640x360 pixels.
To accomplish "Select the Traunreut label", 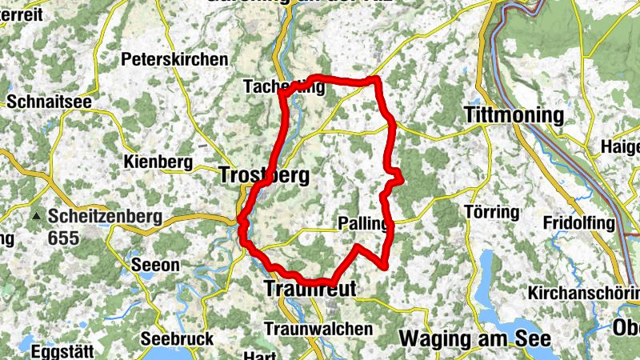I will point(307,288).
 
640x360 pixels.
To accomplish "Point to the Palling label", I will point(363,222).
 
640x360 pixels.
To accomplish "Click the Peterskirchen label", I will point(174,59).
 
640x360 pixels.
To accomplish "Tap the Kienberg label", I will point(159,162).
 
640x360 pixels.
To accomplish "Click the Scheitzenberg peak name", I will point(105,216).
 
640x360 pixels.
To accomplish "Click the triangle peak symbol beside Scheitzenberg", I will point(36,217).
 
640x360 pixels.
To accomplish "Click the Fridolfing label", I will point(578,222).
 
